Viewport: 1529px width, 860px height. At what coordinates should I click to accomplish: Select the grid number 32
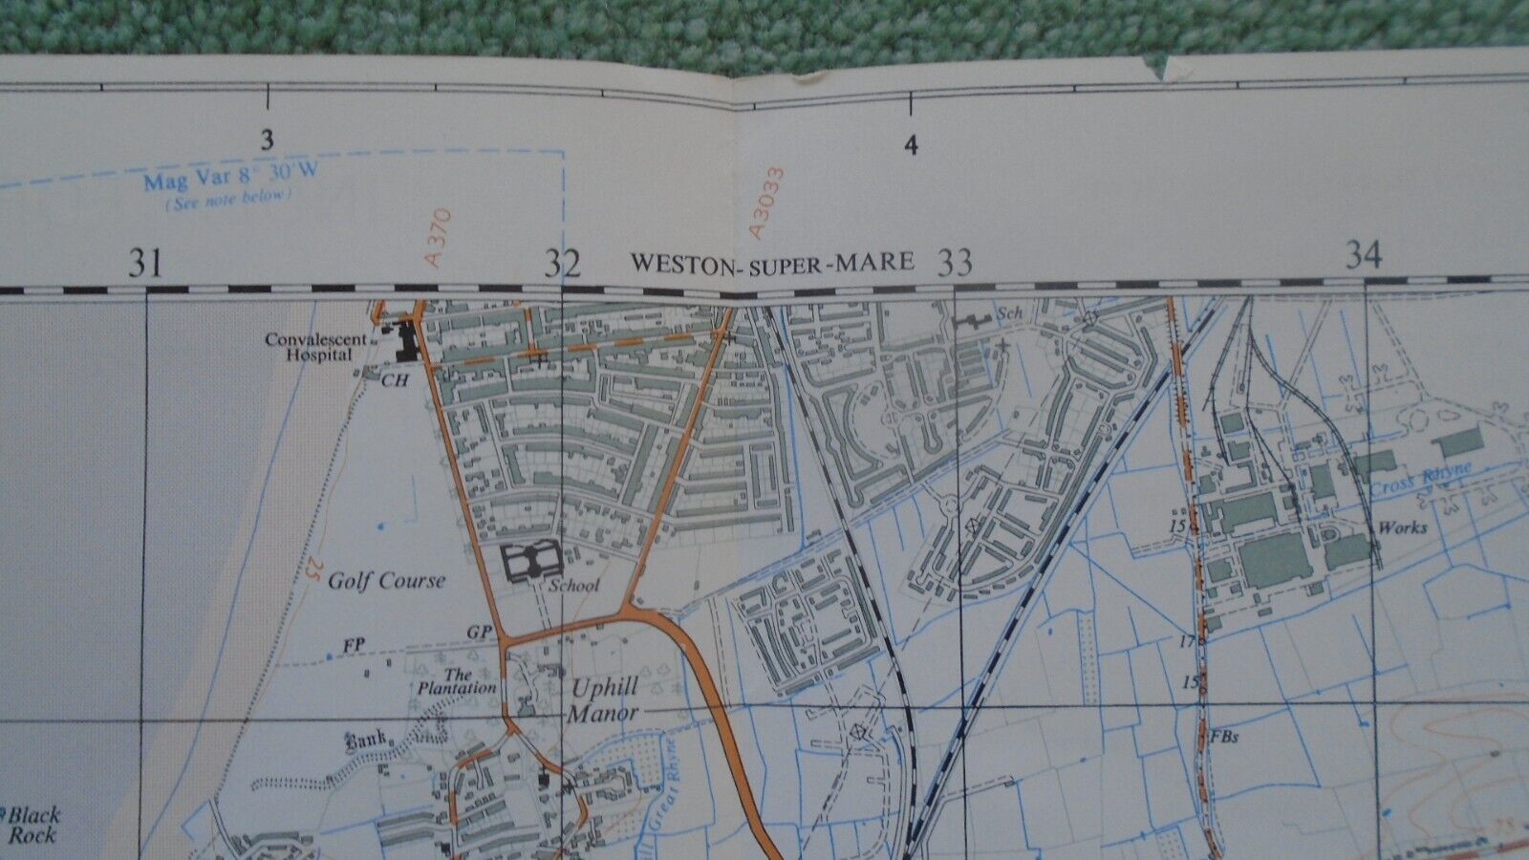(563, 263)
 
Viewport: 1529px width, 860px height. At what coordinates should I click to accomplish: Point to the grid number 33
(955, 261)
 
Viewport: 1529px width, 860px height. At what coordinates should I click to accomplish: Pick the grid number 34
(1364, 255)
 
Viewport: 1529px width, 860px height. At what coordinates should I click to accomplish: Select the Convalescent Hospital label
(308, 347)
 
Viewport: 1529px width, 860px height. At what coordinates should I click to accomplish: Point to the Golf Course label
(386, 580)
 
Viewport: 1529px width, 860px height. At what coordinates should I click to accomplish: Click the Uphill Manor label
(602, 699)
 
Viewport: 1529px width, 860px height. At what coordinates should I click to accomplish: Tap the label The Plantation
(456, 680)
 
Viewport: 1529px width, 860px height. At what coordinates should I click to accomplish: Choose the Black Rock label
(33, 825)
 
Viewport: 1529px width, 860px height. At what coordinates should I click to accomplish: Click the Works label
(1402, 527)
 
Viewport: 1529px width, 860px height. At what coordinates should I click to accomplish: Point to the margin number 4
(911, 146)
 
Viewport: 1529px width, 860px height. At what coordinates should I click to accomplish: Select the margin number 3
(267, 140)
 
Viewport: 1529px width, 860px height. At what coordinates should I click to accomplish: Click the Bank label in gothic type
(366, 739)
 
